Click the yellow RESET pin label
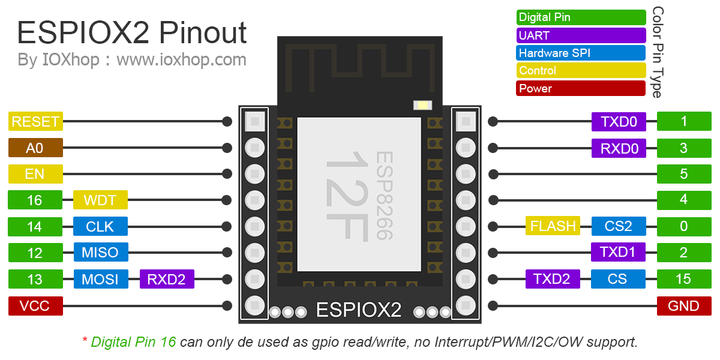[x=35, y=121]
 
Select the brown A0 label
[x=35, y=148]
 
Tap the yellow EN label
[x=35, y=174]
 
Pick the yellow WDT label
[x=100, y=200]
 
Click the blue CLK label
[x=100, y=226]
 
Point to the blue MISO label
[x=101, y=253]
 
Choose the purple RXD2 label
[x=167, y=279]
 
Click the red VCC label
[x=35, y=305]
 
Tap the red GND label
[x=684, y=305]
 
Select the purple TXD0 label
[x=619, y=121]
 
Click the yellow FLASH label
[x=553, y=226]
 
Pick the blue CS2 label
[x=619, y=226]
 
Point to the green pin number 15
[x=684, y=278]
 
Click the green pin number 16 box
[x=35, y=200]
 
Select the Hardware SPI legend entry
[x=581, y=53]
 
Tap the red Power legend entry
[x=581, y=88]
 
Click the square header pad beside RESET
[x=255, y=121]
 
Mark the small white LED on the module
[x=422, y=105]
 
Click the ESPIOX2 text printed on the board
[x=359, y=310]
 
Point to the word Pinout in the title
[x=203, y=33]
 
